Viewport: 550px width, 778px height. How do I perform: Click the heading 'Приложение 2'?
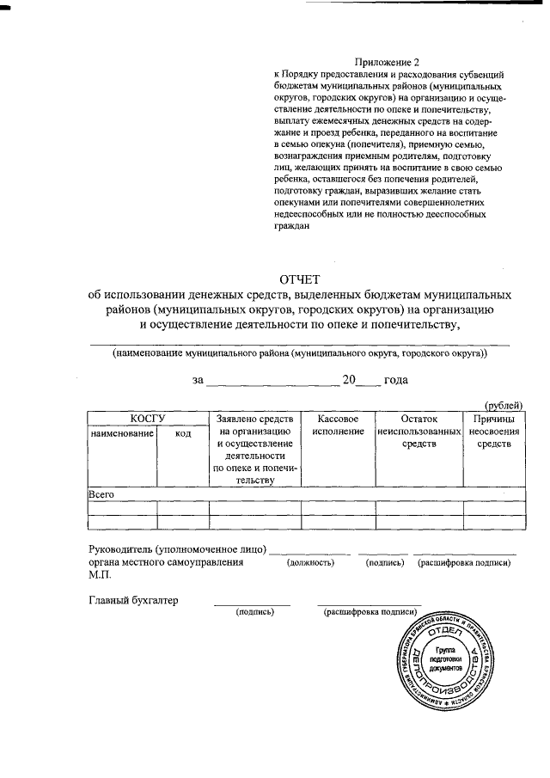pyautogui.click(x=388, y=63)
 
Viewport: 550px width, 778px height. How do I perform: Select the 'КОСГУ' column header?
pyautogui.click(x=148, y=418)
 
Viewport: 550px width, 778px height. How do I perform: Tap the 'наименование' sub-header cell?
pyautogui.click(x=122, y=434)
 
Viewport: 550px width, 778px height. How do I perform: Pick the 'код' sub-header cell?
pyautogui.click(x=183, y=434)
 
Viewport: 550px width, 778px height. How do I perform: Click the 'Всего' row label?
pyautogui.click(x=102, y=494)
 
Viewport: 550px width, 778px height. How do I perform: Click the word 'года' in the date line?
pyautogui.click(x=396, y=379)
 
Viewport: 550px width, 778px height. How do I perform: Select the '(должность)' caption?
pyautogui.click(x=310, y=562)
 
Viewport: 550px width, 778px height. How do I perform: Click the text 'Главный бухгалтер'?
pyautogui.click(x=133, y=600)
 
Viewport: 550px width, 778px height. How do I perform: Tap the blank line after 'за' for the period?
pyautogui.click(x=272, y=381)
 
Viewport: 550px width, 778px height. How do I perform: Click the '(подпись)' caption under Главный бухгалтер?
pyautogui.click(x=254, y=612)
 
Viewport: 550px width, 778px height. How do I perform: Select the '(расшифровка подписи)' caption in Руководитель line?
pyautogui.click(x=464, y=562)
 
